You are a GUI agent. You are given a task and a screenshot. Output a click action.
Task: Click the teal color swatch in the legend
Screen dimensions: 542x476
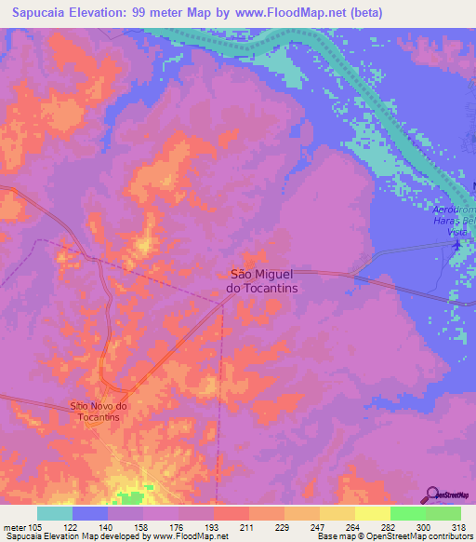tap(55, 513)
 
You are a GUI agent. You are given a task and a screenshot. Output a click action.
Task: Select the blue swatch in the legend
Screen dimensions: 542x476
tap(90, 513)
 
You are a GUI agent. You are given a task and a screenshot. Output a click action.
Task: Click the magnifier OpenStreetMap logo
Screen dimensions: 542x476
tap(433, 495)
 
